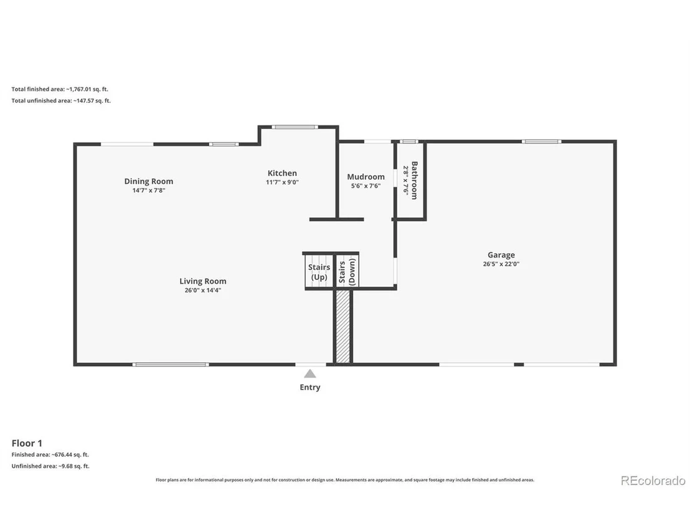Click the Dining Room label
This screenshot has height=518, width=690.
point(149,181)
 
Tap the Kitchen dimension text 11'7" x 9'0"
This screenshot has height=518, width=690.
point(282,182)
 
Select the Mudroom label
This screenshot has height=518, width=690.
point(366,176)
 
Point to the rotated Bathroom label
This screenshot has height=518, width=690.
point(414,180)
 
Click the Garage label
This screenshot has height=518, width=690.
point(501,254)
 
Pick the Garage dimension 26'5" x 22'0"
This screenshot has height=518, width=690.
point(501,264)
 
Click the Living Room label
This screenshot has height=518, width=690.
point(203,281)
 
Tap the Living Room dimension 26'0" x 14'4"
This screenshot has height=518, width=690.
point(203,290)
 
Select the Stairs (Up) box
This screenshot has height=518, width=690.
point(319,271)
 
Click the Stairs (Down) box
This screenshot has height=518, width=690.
point(347,271)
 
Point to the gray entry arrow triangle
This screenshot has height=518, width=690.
point(310,373)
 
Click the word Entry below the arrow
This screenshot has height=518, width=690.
point(310,387)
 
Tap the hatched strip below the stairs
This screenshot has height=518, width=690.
point(343,327)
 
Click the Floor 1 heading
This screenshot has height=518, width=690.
point(27,443)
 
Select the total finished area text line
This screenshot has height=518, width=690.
point(60,89)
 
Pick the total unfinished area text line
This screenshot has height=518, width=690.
point(61,100)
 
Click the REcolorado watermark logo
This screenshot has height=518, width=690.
point(653,480)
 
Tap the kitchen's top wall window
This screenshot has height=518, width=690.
point(295,127)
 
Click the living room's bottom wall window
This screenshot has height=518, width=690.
point(171,364)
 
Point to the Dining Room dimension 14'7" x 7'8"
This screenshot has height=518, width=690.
point(149,190)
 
